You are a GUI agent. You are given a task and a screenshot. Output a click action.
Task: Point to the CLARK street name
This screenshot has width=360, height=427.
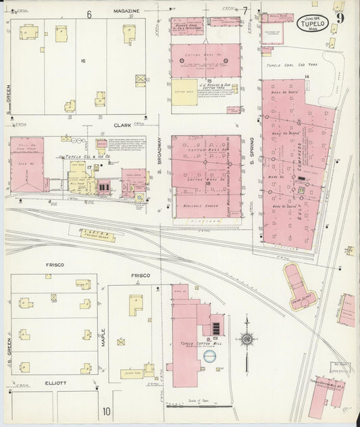[122, 124]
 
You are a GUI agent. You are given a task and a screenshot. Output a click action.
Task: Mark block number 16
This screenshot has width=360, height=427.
[83, 61]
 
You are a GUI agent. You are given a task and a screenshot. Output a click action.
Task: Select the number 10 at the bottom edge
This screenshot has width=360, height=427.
[106, 411]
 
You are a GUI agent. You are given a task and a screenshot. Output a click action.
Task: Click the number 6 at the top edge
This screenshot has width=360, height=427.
[88, 13]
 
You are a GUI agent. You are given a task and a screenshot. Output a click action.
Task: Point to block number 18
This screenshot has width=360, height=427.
[208, 182]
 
